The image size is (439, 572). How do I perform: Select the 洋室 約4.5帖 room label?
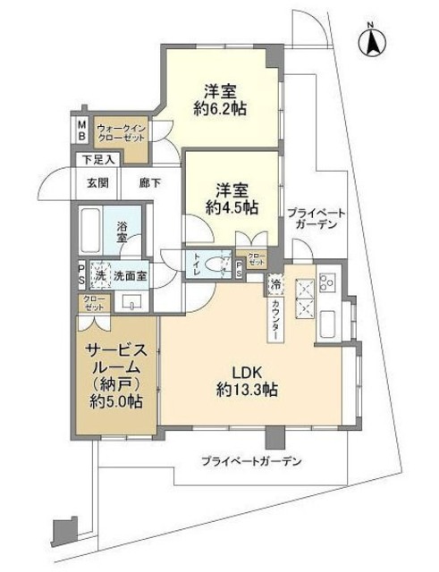pos(236,198)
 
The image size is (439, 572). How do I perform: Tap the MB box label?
pos(80,133)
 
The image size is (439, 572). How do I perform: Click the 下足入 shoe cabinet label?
pos(96,161)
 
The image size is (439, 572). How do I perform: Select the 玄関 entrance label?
pos(97,183)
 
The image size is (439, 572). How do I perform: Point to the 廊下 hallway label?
pos(149,183)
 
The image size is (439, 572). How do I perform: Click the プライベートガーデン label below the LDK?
pos(251,462)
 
